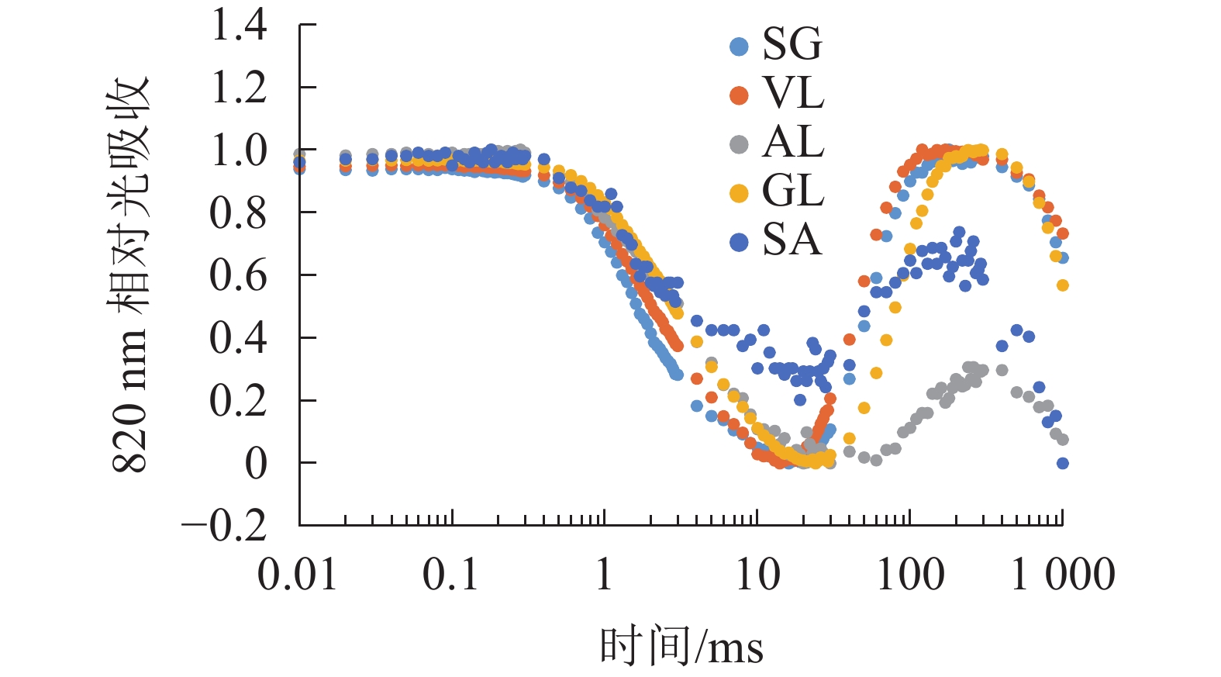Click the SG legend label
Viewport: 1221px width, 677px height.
[792, 45]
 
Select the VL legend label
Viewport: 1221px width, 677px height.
[793, 94]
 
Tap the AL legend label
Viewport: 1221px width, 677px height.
[793, 143]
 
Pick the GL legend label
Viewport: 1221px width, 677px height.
[793, 192]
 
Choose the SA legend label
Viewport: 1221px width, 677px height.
[792, 240]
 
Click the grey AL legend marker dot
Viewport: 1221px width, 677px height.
[739, 144]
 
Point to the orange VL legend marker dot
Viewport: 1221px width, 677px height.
[739, 95]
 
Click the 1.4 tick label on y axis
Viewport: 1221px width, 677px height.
[239, 25]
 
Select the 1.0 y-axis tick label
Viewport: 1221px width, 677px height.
[239, 150]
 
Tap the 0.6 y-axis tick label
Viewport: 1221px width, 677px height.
[239, 275]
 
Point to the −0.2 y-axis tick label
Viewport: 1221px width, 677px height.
[224, 527]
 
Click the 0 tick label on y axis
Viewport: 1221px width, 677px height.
[256, 464]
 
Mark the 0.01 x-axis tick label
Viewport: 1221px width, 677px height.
[298, 575]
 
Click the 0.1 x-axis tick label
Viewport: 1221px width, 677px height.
[450, 575]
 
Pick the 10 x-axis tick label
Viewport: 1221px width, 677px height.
[757, 575]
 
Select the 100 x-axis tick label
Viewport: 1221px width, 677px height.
[910, 575]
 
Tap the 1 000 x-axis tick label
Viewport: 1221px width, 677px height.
[1063, 575]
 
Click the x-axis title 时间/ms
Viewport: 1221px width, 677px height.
[681, 646]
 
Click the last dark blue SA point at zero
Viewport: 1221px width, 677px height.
[1063, 463]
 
